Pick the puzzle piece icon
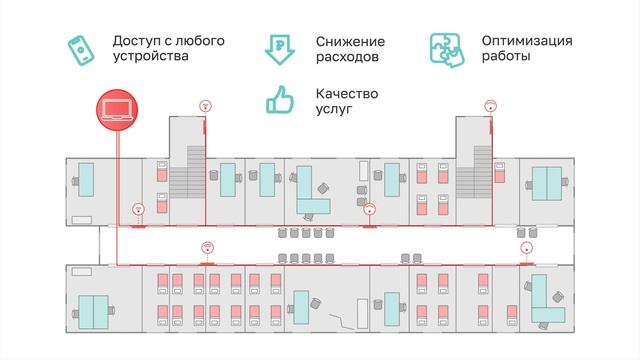tap(447, 48)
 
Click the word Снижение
tap(350, 41)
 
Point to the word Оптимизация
tap(526, 41)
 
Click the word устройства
tap(151, 58)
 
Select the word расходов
tap(347, 58)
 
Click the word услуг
tap(334, 108)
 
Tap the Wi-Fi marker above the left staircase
tap(205, 104)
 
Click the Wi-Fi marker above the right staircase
tap(491, 104)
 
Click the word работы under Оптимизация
tap(507, 58)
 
